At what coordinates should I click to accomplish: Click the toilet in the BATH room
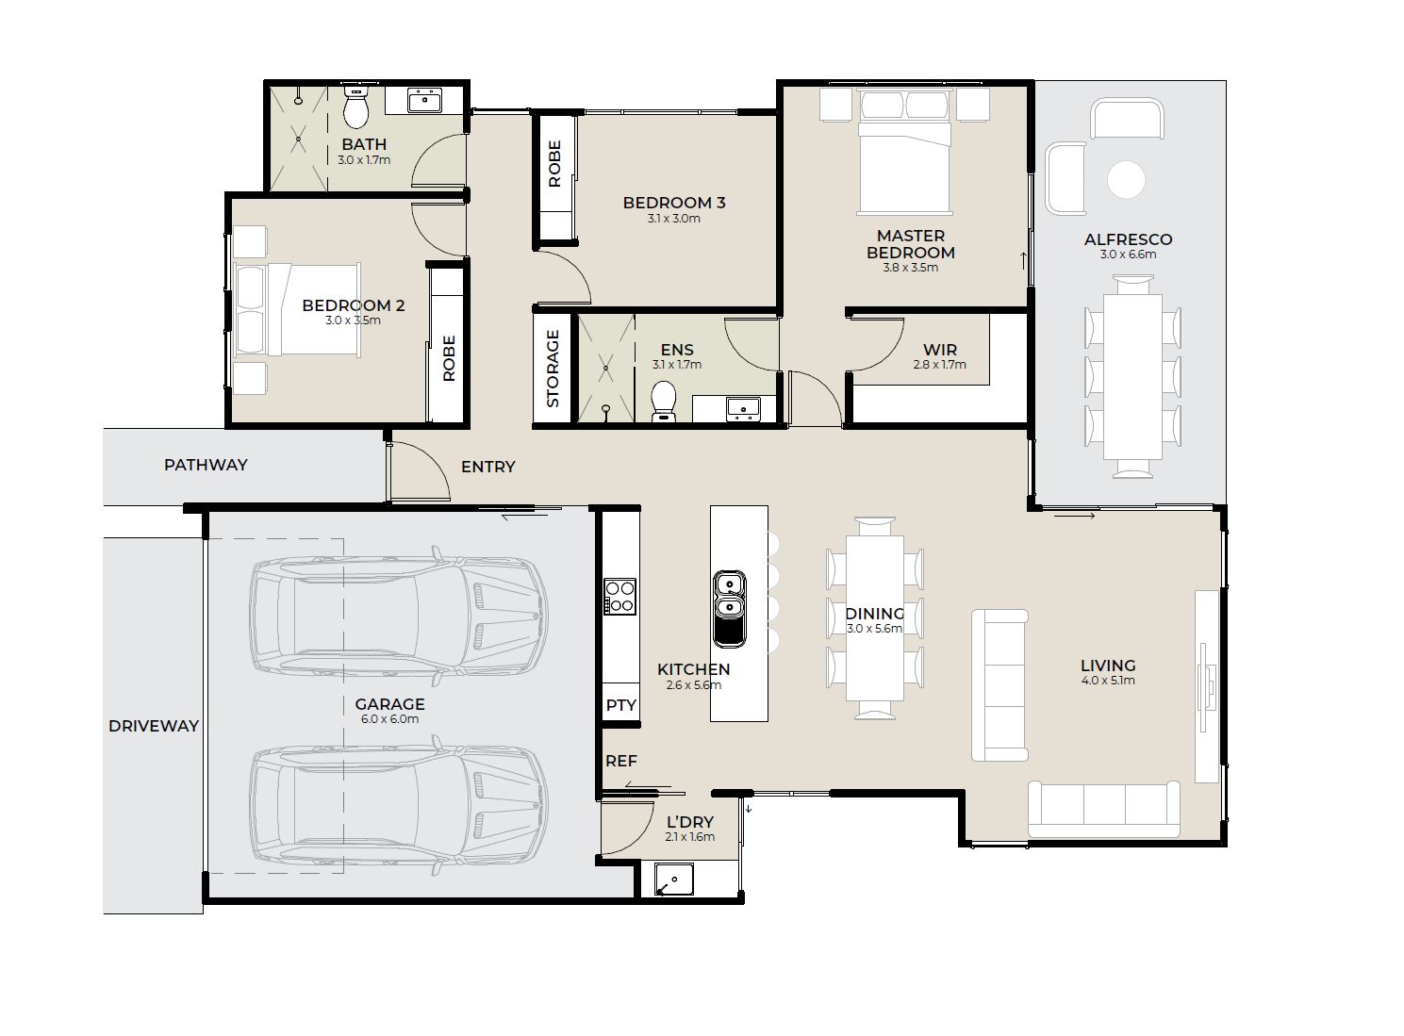tap(355, 107)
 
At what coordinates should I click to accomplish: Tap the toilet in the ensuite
tap(664, 401)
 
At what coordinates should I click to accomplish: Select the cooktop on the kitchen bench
tap(619, 596)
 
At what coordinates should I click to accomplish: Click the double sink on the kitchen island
tap(729, 609)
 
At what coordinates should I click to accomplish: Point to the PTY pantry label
tap(621, 705)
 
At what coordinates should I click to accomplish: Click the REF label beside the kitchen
tap(621, 761)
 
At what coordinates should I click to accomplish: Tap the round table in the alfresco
tap(1126, 180)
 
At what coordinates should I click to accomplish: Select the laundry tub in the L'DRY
tap(674, 880)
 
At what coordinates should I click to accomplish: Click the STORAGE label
tap(553, 369)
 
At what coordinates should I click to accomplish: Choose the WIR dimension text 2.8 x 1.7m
tap(939, 365)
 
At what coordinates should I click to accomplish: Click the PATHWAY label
tap(206, 465)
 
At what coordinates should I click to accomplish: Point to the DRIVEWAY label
tap(154, 726)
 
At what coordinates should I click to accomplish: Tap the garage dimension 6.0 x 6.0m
tap(390, 719)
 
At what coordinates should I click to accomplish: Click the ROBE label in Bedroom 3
tap(555, 163)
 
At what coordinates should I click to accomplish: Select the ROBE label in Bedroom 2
tap(450, 358)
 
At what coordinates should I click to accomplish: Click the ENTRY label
tap(488, 467)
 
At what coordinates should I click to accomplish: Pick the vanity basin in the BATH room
tap(424, 101)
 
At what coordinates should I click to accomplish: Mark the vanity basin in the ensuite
tap(743, 408)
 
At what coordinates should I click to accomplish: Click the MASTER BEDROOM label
tap(910, 244)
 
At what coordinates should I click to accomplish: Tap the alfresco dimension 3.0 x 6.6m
tap(1128, 255)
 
